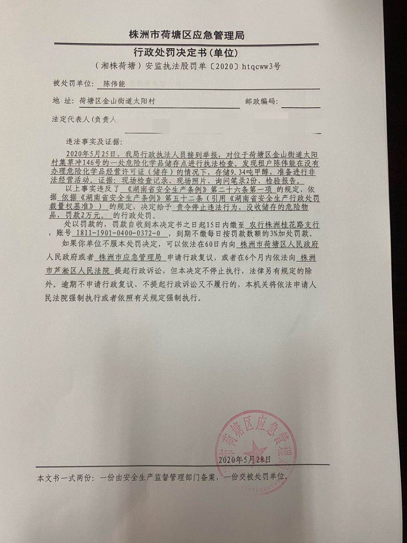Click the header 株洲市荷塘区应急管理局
coord(186,35)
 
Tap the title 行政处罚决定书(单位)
coord(186,53)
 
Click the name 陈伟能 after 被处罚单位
coord(114,84)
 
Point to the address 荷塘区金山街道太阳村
coord(117,101)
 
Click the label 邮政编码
coord(261,101)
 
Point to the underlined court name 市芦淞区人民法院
coord(78,271)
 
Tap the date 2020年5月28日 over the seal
coord(245,459)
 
